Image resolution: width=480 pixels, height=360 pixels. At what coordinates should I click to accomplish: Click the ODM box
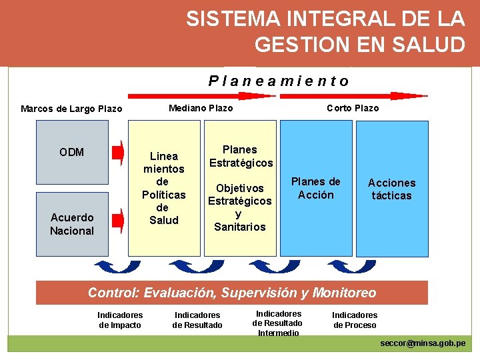pos(71,152)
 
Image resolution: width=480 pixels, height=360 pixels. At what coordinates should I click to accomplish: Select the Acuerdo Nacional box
pos(71,224)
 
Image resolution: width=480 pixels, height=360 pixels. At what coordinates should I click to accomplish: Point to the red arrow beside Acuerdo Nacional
pos(117,218)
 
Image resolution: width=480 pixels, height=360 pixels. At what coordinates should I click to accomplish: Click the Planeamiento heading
pos(279,81)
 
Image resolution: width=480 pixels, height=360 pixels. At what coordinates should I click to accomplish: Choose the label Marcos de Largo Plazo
pos(71,109)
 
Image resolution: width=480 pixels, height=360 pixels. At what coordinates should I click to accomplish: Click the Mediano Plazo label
pos(201,108)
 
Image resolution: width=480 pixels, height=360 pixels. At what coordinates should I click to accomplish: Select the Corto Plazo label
pos(352,108)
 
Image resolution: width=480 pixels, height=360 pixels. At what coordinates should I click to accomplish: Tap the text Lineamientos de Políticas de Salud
pos(164,188)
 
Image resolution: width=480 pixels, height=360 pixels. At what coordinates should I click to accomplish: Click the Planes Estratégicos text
pos(241,156)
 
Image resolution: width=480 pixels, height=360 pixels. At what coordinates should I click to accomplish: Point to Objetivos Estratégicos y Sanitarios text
pos(240,207)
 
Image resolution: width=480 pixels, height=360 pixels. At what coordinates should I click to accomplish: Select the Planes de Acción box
pos(315,188)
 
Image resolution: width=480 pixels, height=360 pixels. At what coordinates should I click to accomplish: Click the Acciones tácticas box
pos(391,189)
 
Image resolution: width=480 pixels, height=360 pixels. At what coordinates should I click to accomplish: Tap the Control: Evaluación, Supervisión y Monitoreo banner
pos(232,293)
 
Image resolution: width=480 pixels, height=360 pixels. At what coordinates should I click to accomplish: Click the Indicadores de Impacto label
pos(120,320)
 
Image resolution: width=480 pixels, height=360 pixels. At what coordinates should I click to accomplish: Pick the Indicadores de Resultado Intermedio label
pos(277,323)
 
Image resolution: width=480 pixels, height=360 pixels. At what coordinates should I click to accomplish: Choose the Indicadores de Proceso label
pos(355,320)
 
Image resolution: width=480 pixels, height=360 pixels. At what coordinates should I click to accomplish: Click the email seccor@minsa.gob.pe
pos(423,343)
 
